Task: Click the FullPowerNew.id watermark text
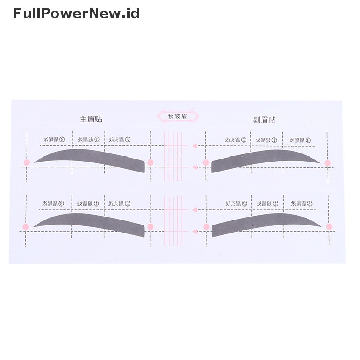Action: (77, 13)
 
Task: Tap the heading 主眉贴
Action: (91, 119)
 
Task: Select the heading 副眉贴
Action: (264, 120)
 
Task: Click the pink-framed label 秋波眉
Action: (178, 116)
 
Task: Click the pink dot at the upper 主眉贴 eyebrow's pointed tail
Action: (26, 162)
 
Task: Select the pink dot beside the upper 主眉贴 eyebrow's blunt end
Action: (150, 162)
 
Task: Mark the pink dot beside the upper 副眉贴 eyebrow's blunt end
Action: (206, 162)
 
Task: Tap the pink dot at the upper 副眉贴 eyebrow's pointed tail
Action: (328, 163)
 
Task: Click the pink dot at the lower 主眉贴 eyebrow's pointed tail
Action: (26, 226)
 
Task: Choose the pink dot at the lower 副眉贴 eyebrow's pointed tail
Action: (329, 227)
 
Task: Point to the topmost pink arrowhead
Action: (194, 146)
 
